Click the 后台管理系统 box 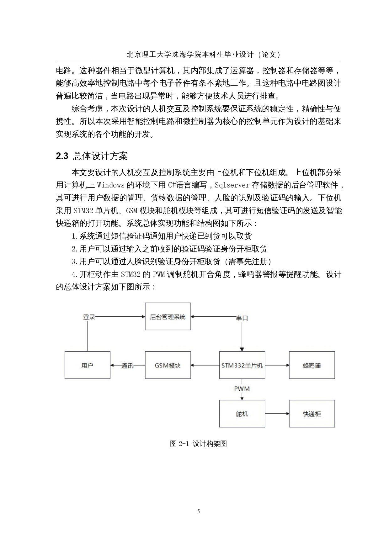pos(168,316)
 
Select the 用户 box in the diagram pos(88,365)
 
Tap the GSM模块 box pos(168,365)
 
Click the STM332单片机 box pos(242,365)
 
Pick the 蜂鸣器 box pos(312,365)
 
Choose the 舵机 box pos(242,414)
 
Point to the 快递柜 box pos(312,414)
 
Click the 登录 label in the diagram pos(89,317)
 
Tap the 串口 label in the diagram pos(242,318)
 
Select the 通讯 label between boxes pos(127,366)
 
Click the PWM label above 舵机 pos(242,389)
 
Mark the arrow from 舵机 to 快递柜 pos(277,414)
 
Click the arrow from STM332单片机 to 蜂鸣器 pos(277,365)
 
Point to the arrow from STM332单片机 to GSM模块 pos(205,365)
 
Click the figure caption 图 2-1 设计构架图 pos(198,444)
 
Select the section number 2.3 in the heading pos(62,156)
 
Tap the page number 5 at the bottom pos(198,511)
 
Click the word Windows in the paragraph pos(111,185)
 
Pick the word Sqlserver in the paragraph pos(232,185)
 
